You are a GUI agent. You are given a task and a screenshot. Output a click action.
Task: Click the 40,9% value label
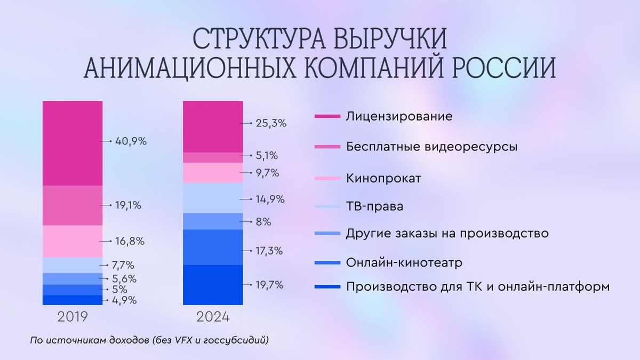click(x=131, y=141)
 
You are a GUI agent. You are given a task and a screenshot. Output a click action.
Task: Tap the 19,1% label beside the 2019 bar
click(x=128, y=205)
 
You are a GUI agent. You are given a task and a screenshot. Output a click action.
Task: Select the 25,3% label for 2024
click(x=271, y=123)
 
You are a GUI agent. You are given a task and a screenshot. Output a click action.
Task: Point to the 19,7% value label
click(x=269, y=285)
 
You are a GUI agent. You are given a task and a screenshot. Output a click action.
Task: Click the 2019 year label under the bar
click(x=72, y=317)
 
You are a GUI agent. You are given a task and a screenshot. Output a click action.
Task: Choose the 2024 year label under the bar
click(x=213, y=317)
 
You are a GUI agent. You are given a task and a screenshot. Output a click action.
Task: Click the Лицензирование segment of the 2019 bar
click(x=72, y=143)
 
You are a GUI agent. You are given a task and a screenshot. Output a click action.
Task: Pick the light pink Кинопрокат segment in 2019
click(x=72, y=242)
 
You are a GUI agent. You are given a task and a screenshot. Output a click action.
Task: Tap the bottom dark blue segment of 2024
click(x=213, y=285)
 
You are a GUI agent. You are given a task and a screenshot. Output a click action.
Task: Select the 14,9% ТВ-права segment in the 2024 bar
click(x=213, y=198)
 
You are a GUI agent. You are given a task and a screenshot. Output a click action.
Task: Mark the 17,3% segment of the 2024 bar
click(x=213, y=247)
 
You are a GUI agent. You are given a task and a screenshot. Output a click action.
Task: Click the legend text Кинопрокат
click(x=383, y=178)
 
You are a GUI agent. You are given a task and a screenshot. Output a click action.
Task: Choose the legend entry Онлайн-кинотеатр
click(x=404, y=263)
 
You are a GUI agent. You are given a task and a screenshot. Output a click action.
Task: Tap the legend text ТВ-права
click(x=374, y=206)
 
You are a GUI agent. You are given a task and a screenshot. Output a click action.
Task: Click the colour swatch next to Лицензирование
click(x=327, y=116)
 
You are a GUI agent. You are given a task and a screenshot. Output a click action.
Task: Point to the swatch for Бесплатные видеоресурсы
click(x=327, y=146)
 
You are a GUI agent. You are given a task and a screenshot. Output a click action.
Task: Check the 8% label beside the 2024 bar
click(x=264, y=221)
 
